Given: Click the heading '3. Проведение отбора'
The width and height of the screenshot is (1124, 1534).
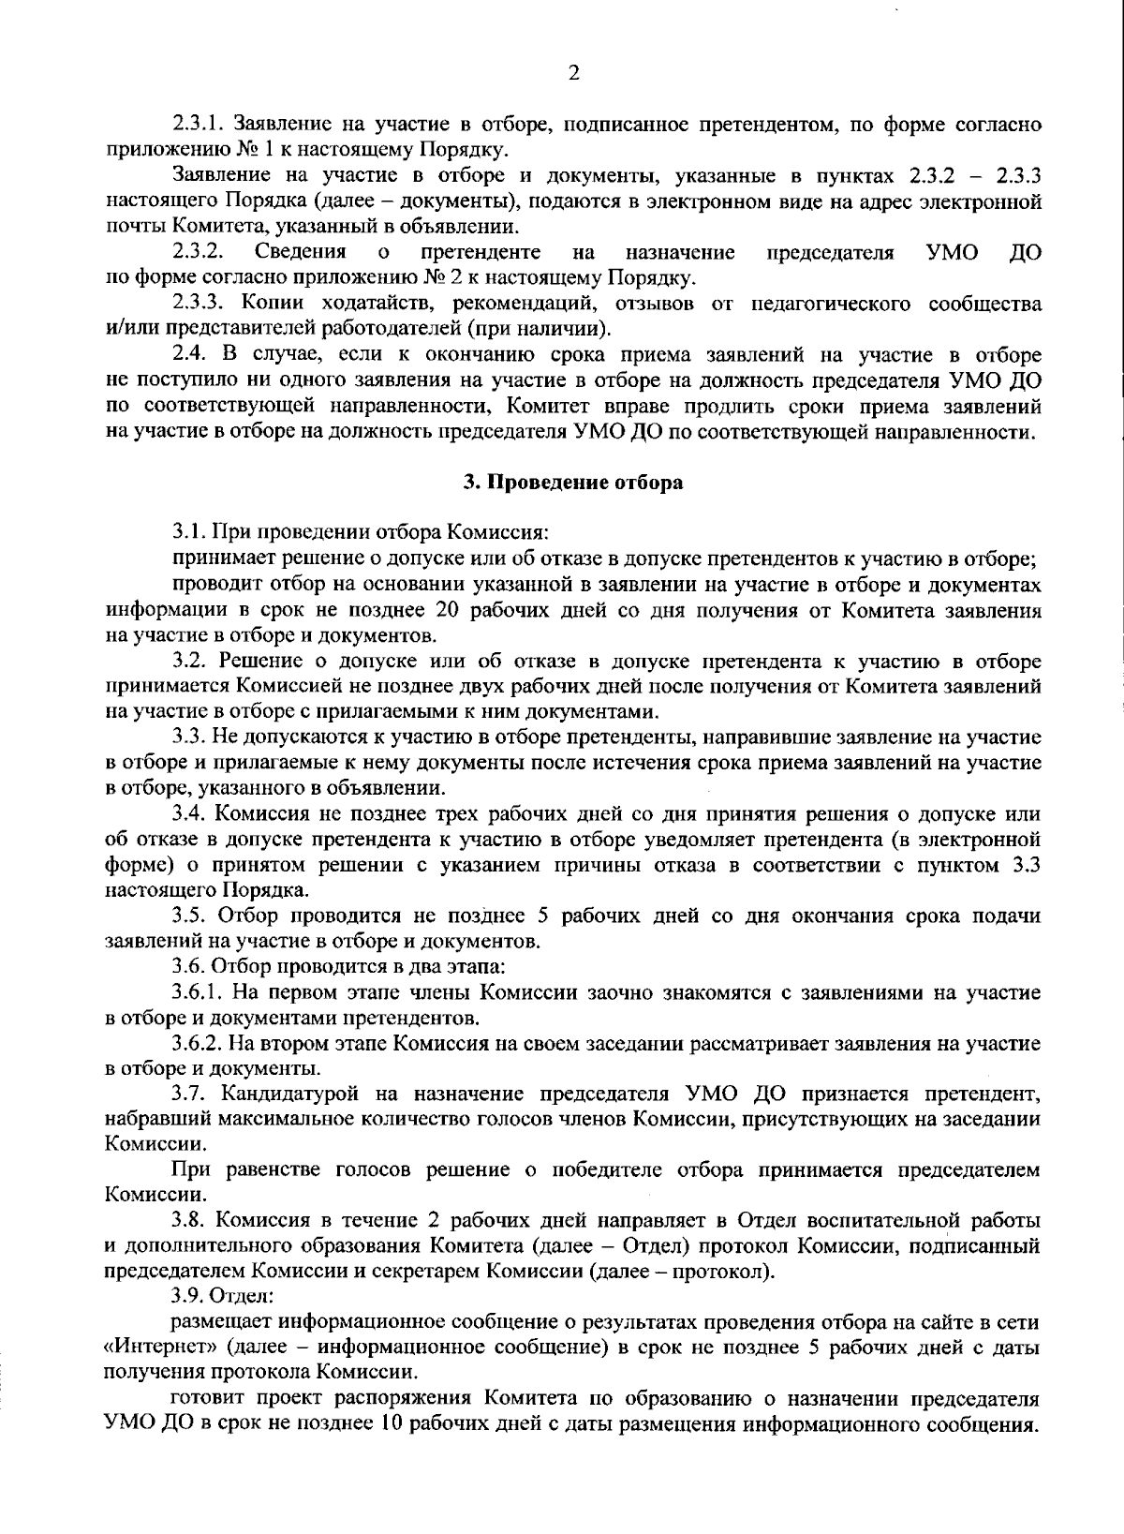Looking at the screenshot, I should (x=573, y=483).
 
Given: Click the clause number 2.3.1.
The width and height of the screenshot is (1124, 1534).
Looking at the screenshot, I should (x=198, y=125).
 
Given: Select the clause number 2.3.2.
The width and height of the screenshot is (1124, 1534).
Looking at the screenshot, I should (x=198, y=253).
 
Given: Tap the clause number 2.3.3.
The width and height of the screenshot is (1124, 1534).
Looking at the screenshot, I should (x=198, y=304).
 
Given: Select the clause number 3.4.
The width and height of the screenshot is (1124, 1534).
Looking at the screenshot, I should (x=189, y=813).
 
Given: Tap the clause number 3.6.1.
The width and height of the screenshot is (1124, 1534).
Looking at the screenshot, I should (x=198, y=991).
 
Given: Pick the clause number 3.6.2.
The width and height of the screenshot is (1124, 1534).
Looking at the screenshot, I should (x=198, y=1043).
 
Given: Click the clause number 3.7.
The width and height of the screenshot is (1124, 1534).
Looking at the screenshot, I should (x=189, y=1094).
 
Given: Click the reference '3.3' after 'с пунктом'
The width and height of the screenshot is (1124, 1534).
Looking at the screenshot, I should (x=1028, y=865).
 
